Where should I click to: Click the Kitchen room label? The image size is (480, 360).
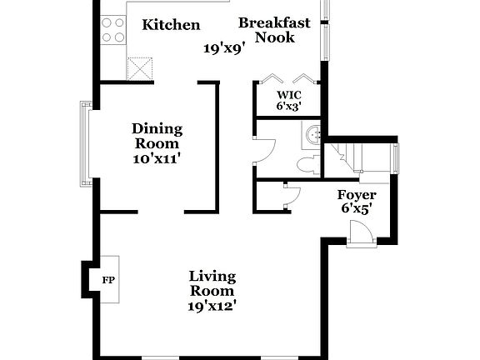pyautogui.click(x=171, y=25)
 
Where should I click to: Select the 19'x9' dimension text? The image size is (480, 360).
pyautogui.click(x=223, y=48)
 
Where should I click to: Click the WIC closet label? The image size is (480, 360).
pyautogui.click(x=288, y=94)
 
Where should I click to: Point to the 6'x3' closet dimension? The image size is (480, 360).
pyautogui.click(x=288, y=106)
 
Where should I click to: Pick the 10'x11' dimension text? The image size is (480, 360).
pyautogui.click(x=157, y=158)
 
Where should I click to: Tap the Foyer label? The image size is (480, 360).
pyautogui.click(x=355, y=195)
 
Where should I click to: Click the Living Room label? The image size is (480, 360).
pyautogui.click(x=212, y=283)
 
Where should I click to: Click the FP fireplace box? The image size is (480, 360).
pyautogui.click(x=107, y=280)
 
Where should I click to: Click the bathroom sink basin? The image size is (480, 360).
pyautogui.click(x=314, y=133)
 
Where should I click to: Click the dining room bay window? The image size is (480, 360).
pyautogui.click(x=85, y=142)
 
